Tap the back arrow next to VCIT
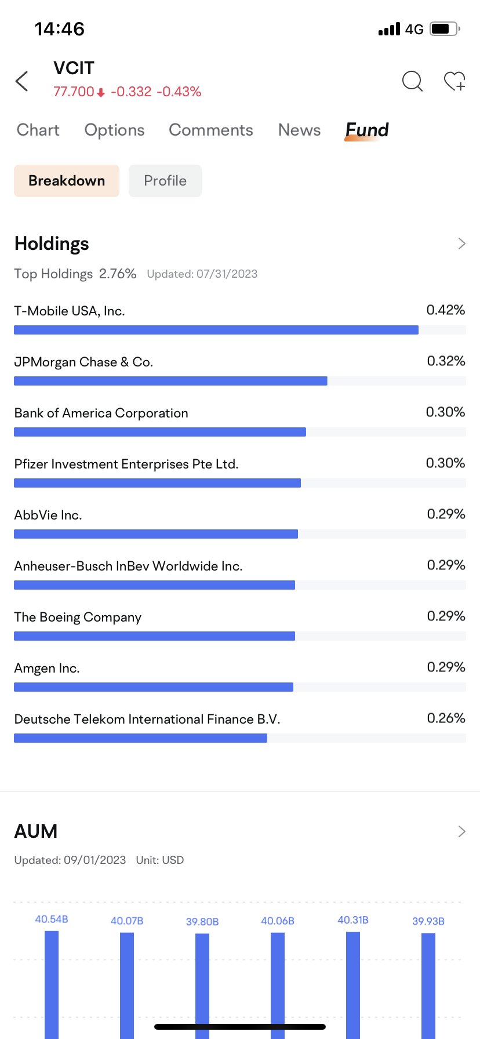(x=21, y=81)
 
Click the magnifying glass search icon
(x=412, y=81)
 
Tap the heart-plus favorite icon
(x=454, y=81)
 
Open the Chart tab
(x=38, y=130)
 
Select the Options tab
(x=115, y=130)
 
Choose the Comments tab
(x=211, y=130)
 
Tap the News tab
(x=300, y=130)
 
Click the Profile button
(x=165, y=181)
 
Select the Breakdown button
(x=67, y=181)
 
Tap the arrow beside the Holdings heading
(x=462, y=244)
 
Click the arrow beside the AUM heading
(x=462, y=831)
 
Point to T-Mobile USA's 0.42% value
(x=446, y=310)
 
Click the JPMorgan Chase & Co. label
(x=83, y=362)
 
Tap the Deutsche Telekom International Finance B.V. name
(x=147, y=720)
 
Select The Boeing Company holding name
(x=78, y=617)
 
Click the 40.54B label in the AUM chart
(x=52, y=920)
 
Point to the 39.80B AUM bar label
(x=202, y=922)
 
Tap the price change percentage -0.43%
(x=179, y=92)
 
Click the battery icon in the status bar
(x=445, y=29)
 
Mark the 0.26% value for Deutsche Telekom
(x=446, y=718)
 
